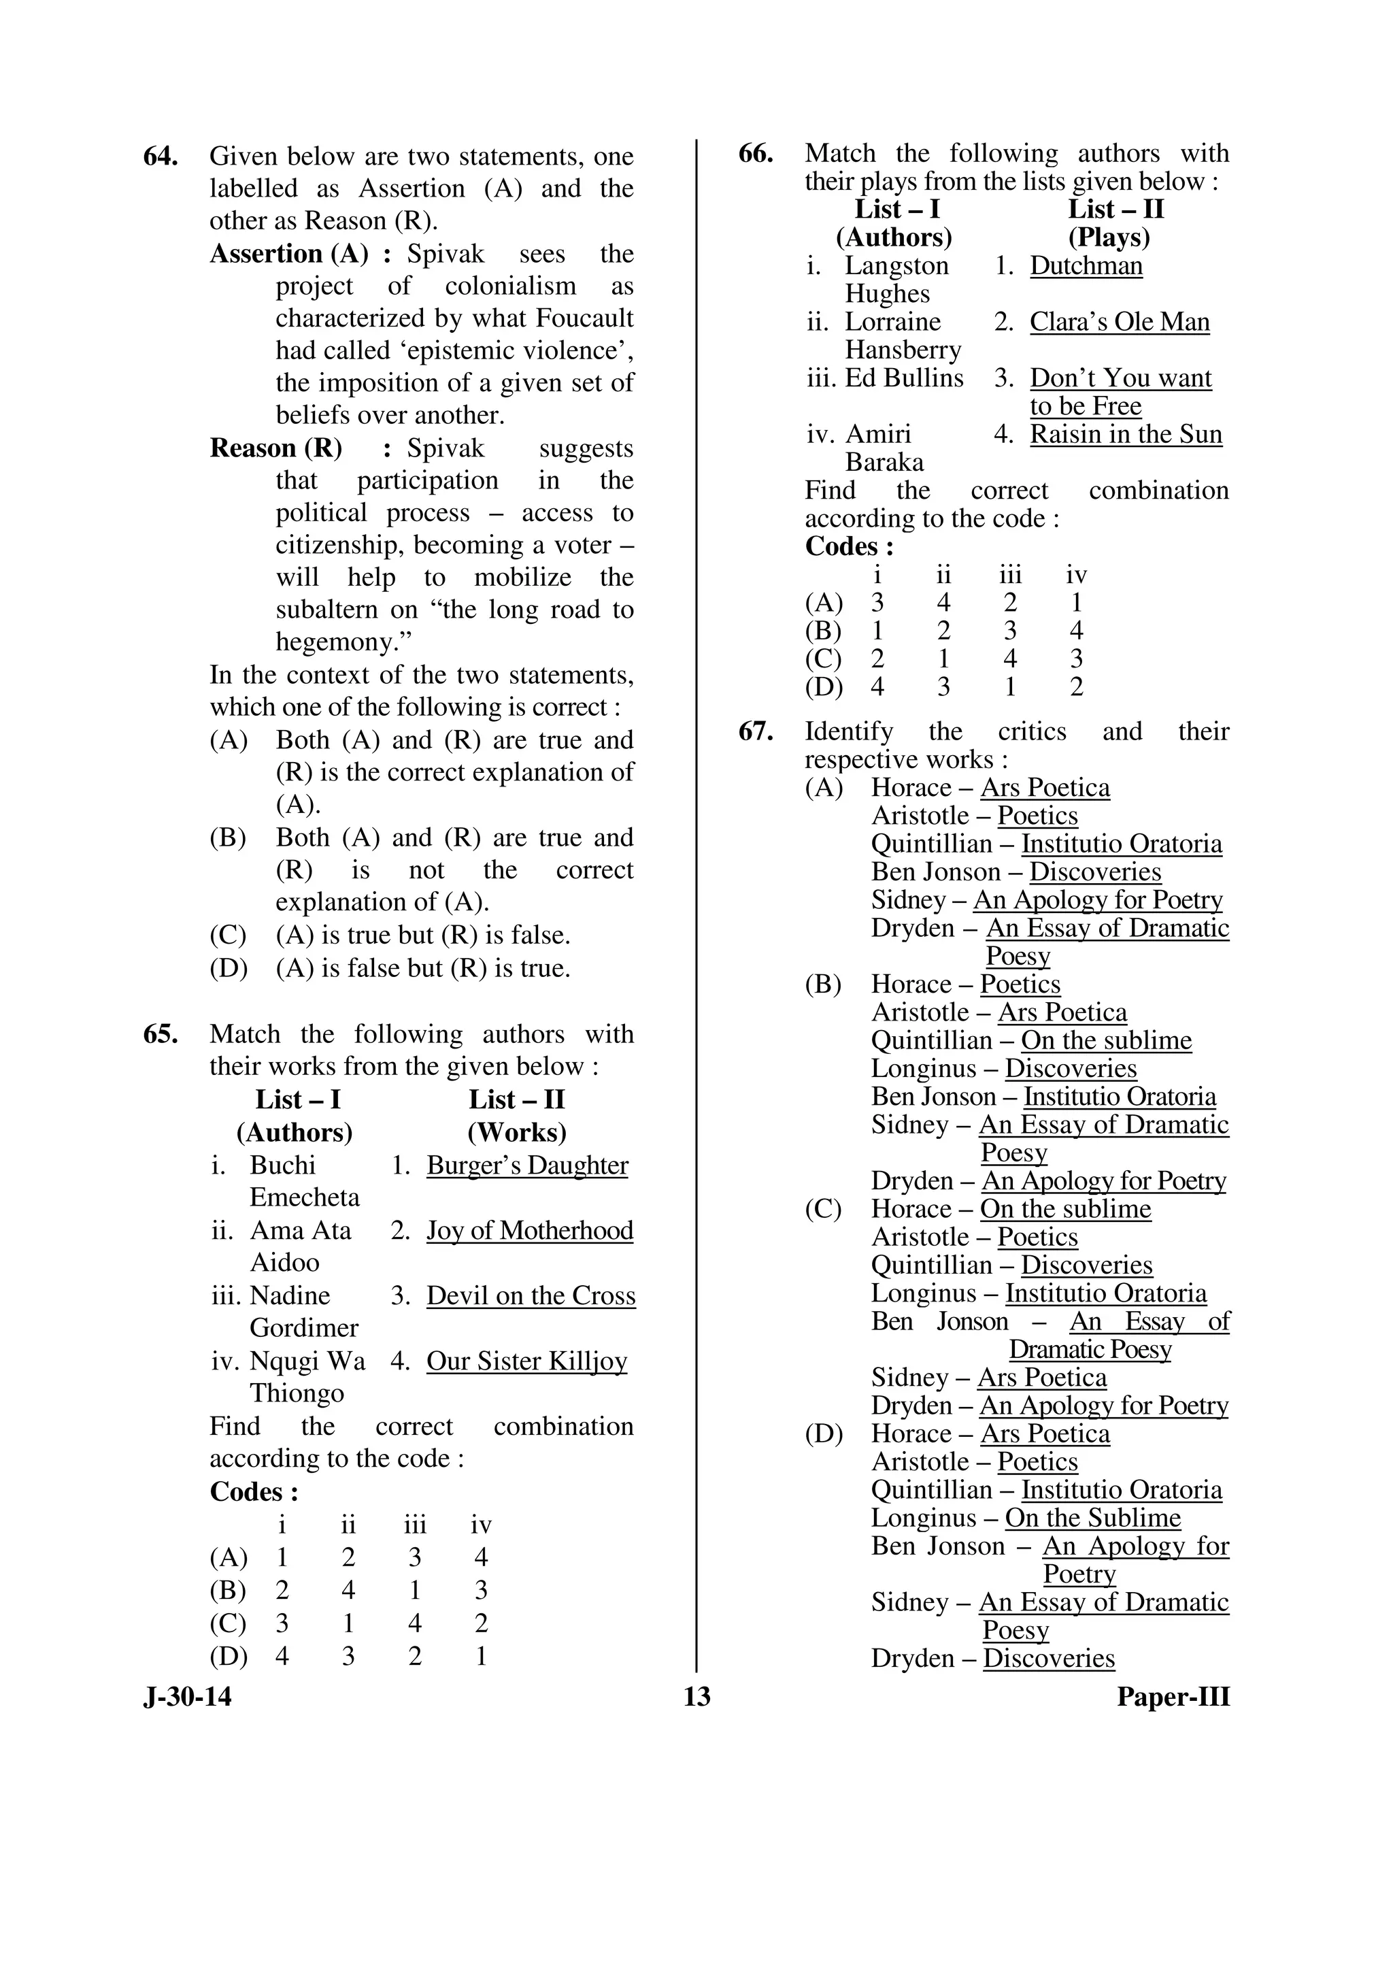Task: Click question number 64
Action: (161, 157)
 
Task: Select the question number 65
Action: (161, 1034)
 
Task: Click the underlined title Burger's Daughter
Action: (527, 1165)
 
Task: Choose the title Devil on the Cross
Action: (531, 1296)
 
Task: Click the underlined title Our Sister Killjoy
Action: (526, 1361)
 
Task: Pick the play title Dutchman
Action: (1086, 266)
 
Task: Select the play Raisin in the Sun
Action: (1125, 434)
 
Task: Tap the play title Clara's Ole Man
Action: (1119, 322)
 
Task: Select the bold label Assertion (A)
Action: (288, 254)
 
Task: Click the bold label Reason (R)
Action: (275, 448)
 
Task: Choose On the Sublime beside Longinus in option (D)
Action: (1092, 1518)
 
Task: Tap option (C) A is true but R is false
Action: (422, 935)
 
